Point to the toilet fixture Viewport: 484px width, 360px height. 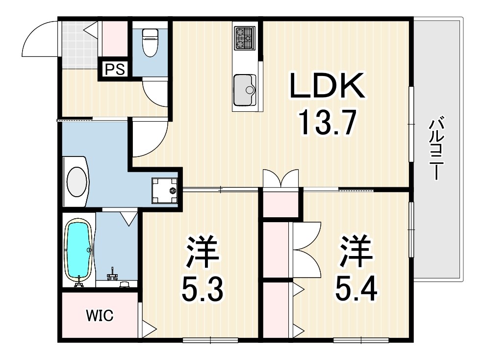(x=149, y=43)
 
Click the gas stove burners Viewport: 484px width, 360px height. (x=245, y=38)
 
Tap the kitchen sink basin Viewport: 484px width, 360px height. (x=245, y=89)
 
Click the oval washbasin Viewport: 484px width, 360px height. (x=76, y=182)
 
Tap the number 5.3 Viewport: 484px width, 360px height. (x=203, y=289)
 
